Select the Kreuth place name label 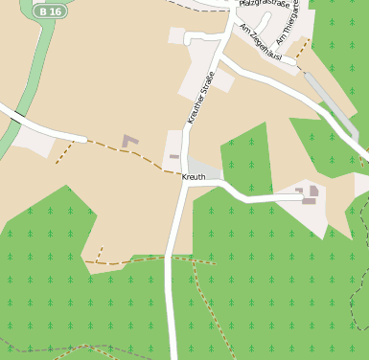194,178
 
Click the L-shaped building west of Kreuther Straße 129,142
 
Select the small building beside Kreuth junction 174,155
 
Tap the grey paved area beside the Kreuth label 205,167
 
